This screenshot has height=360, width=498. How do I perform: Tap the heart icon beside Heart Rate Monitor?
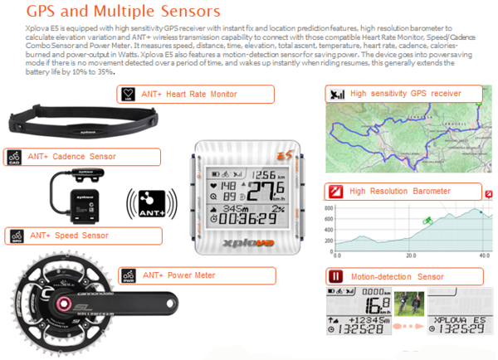127,94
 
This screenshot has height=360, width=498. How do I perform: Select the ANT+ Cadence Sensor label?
71,156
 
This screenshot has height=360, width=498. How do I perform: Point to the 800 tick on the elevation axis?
330,207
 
